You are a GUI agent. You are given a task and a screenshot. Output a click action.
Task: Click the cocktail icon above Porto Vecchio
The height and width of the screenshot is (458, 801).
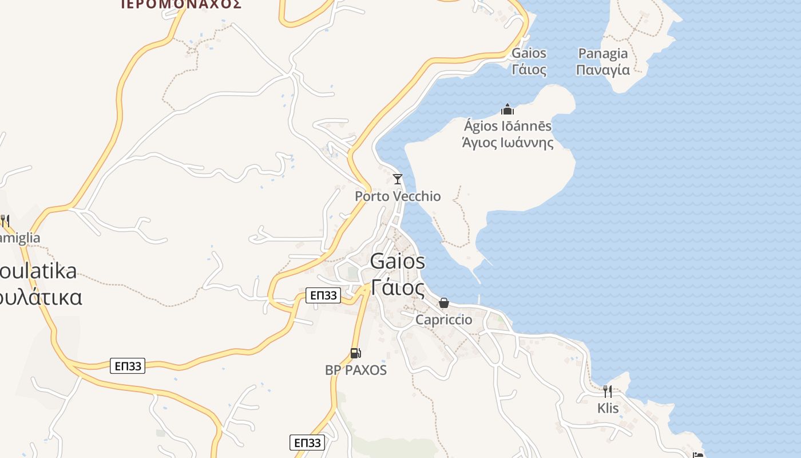[398, 179]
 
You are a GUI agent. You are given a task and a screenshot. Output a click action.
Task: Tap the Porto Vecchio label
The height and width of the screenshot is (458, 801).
[398, 196]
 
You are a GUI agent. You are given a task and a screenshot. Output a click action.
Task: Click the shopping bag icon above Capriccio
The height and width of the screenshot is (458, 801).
[444, 303]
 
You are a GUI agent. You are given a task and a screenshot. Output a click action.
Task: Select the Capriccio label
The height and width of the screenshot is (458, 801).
[444, 319]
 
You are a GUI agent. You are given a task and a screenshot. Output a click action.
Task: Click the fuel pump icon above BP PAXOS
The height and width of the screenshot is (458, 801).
[355, 353]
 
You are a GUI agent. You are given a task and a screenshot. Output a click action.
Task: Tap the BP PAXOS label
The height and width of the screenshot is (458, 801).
[356, 370]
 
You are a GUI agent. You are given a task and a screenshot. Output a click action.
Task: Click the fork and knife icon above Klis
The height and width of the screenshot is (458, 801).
[608, 392]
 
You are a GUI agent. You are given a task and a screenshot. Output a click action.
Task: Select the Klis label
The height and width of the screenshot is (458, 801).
[608, 408]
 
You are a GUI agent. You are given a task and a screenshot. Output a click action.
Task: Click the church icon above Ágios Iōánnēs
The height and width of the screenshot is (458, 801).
[507, 109]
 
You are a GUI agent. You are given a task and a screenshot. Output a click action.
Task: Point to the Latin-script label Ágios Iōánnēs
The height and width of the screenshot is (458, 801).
[507, 126]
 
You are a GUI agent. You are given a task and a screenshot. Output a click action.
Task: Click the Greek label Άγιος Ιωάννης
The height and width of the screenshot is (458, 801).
[507, 143]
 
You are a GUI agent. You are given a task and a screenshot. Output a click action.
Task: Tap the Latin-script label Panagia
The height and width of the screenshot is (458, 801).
[603, 54]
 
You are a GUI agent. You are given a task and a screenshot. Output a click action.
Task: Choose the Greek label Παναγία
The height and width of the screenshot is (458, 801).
[603, 70]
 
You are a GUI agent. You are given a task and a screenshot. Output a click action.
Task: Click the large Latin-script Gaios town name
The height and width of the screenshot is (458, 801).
[398, 261]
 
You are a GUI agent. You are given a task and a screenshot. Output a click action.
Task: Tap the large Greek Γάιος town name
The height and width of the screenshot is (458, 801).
[398, 287]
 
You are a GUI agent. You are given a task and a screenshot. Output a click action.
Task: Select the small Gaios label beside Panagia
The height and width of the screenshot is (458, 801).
[529, 53]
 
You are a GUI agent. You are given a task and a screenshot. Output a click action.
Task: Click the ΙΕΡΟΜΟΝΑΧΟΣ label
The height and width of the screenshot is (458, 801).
[181, 5]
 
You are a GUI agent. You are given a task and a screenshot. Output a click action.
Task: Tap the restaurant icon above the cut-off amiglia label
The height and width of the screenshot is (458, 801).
[5, 220]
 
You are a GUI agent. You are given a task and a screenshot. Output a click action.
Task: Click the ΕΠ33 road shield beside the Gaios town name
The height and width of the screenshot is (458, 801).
[323, 295]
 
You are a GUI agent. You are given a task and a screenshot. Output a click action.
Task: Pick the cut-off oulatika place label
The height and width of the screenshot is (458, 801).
[38, 271]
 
